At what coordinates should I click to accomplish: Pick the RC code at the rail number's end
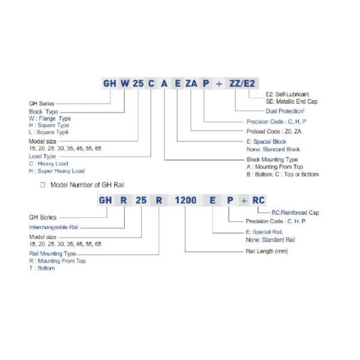tap(257, 201)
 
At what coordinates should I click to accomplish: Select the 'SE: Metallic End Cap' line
tap(292, 102)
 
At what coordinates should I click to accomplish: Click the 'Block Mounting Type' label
tap(272, 160)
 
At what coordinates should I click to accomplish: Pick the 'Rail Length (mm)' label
tap(268, 251)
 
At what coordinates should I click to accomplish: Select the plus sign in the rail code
tap(244, 201)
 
